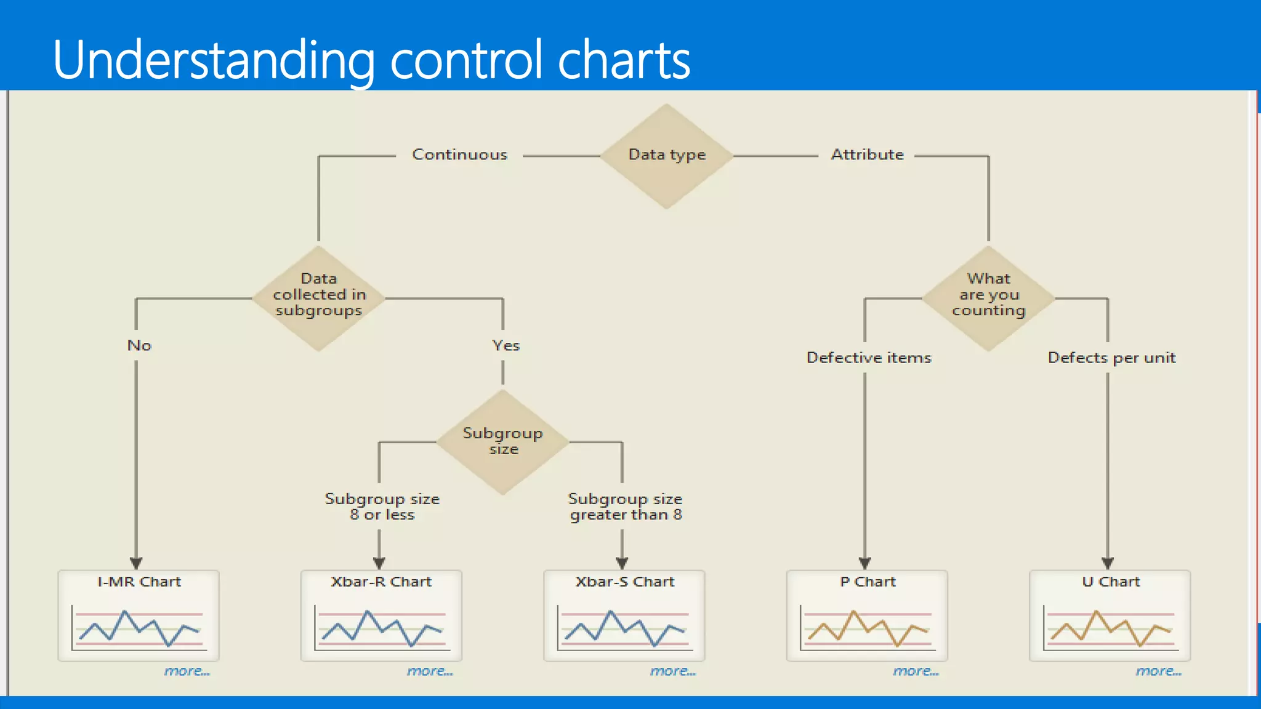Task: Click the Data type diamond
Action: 666,156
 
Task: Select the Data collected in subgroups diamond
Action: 318,298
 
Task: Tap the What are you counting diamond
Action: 988,298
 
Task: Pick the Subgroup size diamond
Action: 502,441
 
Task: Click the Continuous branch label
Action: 459,154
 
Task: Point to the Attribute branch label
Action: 867,154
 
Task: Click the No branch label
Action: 139,345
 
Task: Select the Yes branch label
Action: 506,345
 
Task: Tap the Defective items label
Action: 868,358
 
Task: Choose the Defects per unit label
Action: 1111,358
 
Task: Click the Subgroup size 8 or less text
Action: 382,507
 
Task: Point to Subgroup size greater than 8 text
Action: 625,507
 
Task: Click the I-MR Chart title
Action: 139,582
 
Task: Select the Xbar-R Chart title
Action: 381,582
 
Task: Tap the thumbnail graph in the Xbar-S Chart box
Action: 624,628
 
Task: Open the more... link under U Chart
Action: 1158,671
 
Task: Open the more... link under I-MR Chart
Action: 187,671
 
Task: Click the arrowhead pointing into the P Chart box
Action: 864,563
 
